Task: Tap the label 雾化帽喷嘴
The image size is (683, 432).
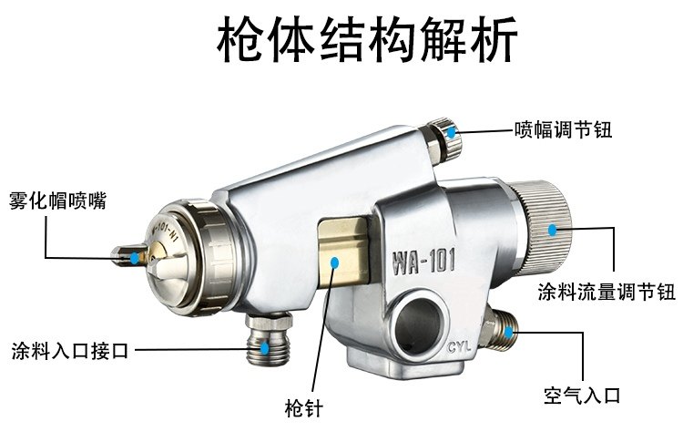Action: click(x=56, y=200)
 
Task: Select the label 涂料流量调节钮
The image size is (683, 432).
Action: click(x=606, y=293)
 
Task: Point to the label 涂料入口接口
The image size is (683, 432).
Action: click(x=69, y=350)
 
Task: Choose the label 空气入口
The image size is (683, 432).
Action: click(x=582, y=396)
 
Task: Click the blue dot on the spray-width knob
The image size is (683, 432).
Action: click(x=450, y=130)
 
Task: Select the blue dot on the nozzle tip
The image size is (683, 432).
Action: click(x=135, y=258)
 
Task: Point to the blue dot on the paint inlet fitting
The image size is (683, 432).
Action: click(x=264, y=348)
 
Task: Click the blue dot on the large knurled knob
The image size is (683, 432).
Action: click(x=553, y=229)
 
